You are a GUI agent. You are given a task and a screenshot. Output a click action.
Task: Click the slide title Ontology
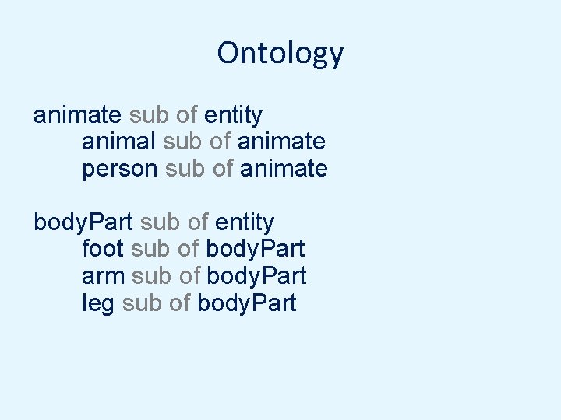280,53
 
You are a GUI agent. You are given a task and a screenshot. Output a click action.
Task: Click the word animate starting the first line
77,115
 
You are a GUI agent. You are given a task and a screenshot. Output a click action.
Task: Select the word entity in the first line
233,115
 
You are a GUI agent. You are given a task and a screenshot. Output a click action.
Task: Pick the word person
120,169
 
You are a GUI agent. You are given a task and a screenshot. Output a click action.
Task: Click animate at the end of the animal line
281,142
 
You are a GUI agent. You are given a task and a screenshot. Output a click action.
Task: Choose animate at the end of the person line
284,168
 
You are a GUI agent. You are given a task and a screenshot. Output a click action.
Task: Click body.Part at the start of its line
83,222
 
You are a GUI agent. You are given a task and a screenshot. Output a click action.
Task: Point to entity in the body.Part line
245,222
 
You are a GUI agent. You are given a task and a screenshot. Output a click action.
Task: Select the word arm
104,276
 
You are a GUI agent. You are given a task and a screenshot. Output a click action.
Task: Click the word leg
98,303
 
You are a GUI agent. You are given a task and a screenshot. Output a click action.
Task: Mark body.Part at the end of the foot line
255,249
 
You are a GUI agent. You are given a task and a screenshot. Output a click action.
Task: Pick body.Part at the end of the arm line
256,276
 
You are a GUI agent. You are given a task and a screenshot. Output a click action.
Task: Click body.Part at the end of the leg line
247,303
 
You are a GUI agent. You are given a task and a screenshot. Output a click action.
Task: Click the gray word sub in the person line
184,168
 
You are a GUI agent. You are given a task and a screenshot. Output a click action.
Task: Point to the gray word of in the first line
186,115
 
